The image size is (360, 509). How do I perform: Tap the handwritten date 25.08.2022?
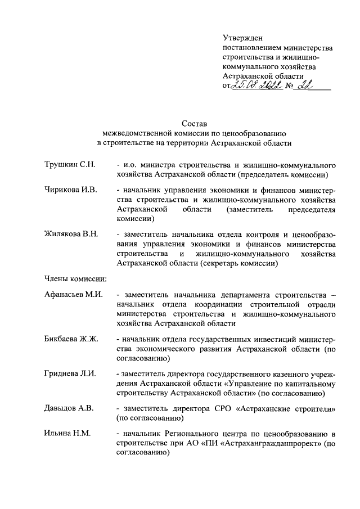[x=258, y=85]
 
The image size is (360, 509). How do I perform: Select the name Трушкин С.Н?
[x=70, y=165]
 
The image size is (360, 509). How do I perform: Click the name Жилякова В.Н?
[x=72, y=235]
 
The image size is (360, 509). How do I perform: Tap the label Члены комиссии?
[x=76, y=278]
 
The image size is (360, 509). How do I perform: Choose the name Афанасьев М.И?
[x=73, y=295]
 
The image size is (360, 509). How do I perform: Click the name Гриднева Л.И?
[x=70, y=374]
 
